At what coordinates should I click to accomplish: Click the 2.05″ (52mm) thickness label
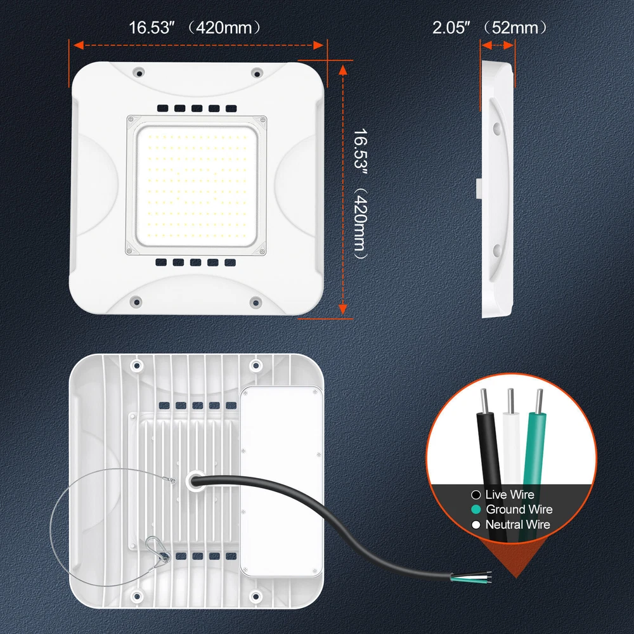click(489, 27)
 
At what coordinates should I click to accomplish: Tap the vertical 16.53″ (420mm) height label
click(360, 193)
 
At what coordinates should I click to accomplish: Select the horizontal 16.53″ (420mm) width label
click(195, 27)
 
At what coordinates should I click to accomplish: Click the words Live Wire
click(510, 495)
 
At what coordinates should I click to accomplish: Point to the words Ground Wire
click(519, 510)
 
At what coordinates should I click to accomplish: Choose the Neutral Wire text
click(517, 524)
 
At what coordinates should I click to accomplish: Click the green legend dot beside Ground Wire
click(476, 510)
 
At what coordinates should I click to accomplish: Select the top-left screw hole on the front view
click(139, 73)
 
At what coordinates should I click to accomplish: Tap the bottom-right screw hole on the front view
click(256, 302)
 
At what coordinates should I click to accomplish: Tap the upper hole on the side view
click(497, 129)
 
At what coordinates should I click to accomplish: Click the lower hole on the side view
click(497, 250)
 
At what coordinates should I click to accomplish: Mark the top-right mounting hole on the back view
click(256, 366)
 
